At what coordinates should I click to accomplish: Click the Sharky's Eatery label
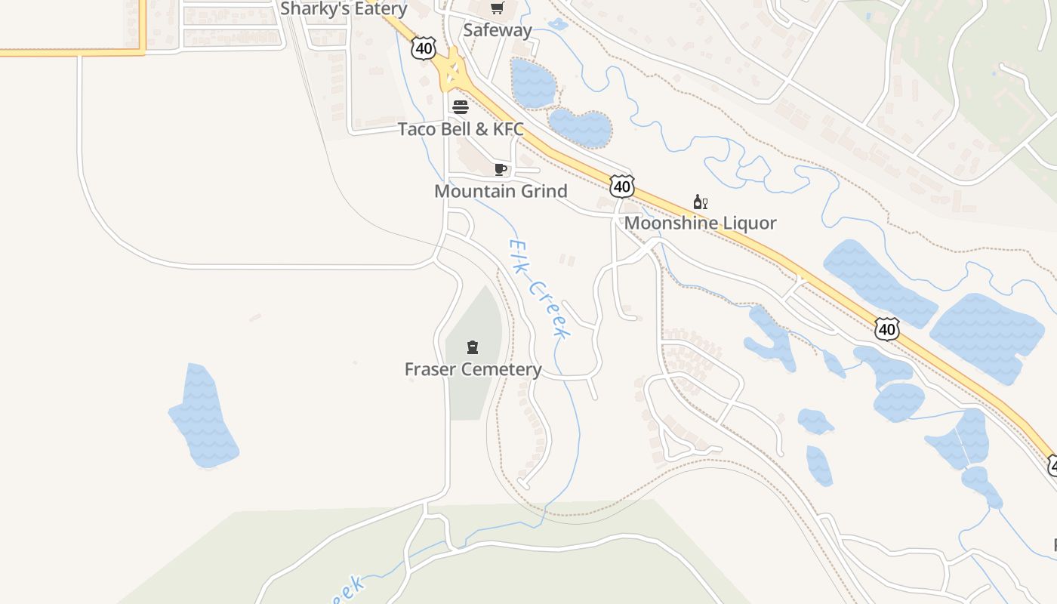point(344,9)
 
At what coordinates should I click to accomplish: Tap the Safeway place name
point(498,30)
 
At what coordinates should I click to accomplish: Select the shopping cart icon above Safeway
point(497,8)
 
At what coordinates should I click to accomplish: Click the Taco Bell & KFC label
point(461,129)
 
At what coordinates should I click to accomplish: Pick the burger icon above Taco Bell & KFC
point(461,107)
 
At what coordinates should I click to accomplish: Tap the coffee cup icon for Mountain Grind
point(500,169)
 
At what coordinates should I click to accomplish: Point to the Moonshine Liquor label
point(700,223)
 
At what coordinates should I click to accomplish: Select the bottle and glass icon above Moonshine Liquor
point(700,202)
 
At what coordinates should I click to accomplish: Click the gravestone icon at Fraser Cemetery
point(473,347)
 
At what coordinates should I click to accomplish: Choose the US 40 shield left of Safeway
point(424,48)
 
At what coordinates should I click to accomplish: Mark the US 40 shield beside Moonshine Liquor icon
point(622,186)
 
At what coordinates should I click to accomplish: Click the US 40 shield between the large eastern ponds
point(887,328)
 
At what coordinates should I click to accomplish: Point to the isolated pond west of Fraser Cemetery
point(202,418)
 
